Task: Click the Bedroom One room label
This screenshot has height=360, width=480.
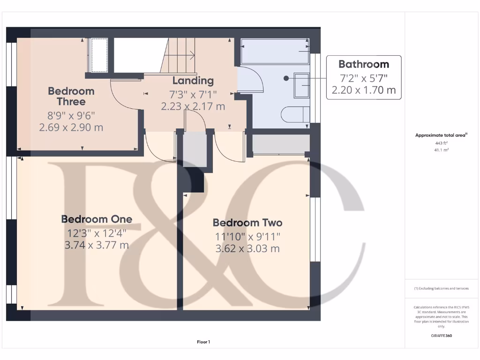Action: coord(97,219)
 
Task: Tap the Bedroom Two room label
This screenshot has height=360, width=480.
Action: coord(247,223)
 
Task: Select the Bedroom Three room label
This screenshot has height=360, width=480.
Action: coord(71,96)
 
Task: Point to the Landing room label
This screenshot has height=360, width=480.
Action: coord(193,81)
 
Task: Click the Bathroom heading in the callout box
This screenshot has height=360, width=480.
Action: coord(364,64)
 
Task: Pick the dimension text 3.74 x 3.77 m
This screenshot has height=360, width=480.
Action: coord(97,245)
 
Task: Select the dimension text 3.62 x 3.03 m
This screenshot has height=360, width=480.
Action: coord(247,248)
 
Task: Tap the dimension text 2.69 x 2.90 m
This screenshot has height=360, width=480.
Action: coord(71,127)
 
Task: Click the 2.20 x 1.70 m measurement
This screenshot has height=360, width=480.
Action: coord(364,90)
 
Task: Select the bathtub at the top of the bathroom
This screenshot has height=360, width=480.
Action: coord(275,51)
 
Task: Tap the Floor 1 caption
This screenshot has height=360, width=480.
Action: coord(203,342)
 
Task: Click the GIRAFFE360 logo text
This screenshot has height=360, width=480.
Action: coord(440,336)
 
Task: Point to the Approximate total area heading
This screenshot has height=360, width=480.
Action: coord(440,135)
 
